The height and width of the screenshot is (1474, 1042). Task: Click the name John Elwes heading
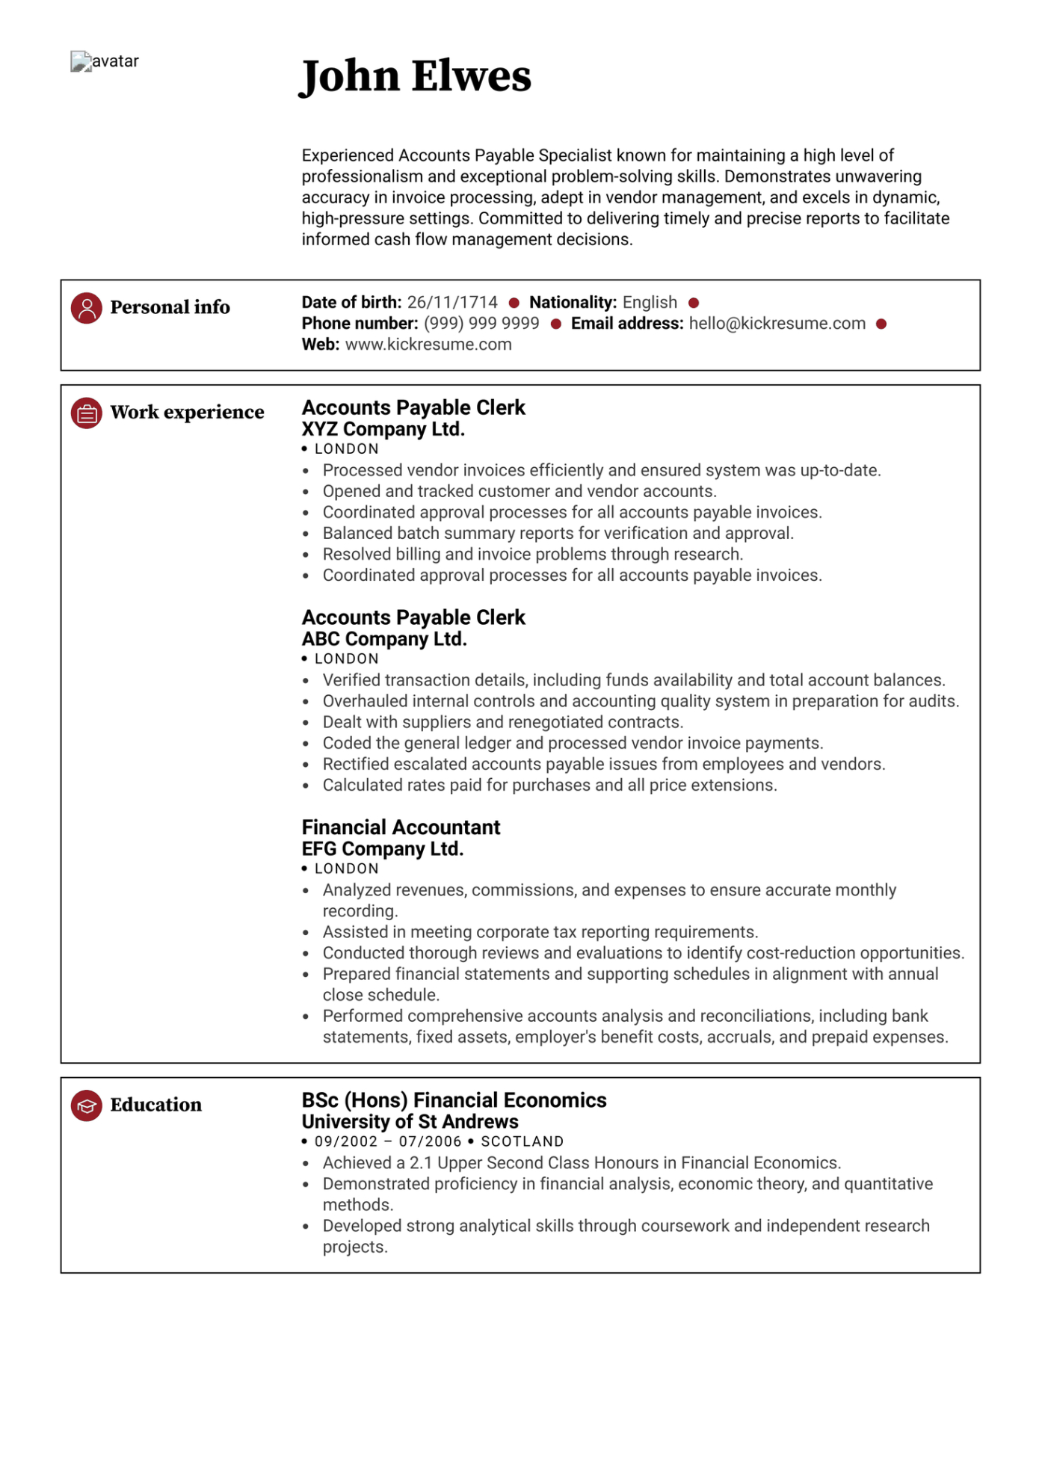(416, 76)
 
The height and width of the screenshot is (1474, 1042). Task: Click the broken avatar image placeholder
(81, 61)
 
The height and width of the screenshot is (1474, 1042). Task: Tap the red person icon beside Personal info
(87, 308)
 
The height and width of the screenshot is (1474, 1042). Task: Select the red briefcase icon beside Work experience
(87, 413)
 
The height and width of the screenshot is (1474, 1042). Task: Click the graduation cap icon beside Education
(87, 1105)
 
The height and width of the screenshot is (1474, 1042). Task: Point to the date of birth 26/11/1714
(452, 303)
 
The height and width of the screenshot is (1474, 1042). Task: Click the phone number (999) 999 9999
(481, 324)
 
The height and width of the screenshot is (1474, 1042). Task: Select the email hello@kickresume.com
(777, 324)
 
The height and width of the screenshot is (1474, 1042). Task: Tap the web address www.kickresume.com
(428, 345)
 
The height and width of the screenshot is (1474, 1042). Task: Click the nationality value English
(650, 303)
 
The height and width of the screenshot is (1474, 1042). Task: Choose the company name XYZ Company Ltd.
(383, 430)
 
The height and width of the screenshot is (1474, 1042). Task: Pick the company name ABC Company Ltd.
(384, 640)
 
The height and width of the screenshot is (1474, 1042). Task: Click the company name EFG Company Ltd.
(383, 850)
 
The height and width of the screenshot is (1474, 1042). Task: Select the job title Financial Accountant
(401, 827)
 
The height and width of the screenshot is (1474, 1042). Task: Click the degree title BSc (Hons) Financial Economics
(454, 1100)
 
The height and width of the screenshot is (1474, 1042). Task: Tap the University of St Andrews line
(410, 1122)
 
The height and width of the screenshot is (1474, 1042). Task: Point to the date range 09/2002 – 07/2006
(388, 1142)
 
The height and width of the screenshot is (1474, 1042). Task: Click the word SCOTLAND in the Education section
(522, 1142)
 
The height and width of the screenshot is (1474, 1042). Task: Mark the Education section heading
(155, 1105)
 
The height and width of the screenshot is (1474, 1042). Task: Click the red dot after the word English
(694, 303)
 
